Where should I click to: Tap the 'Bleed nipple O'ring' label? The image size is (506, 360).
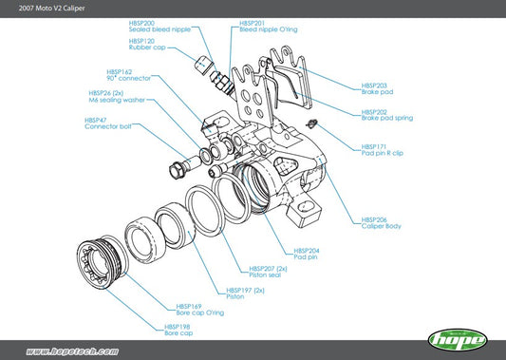268,29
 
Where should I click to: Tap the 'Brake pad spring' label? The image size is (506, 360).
385,118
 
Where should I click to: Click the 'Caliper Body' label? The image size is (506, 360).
381,225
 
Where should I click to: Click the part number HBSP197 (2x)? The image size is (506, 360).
245,290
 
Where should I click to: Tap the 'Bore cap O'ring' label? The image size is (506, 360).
199,313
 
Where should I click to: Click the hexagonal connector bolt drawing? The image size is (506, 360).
178,172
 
